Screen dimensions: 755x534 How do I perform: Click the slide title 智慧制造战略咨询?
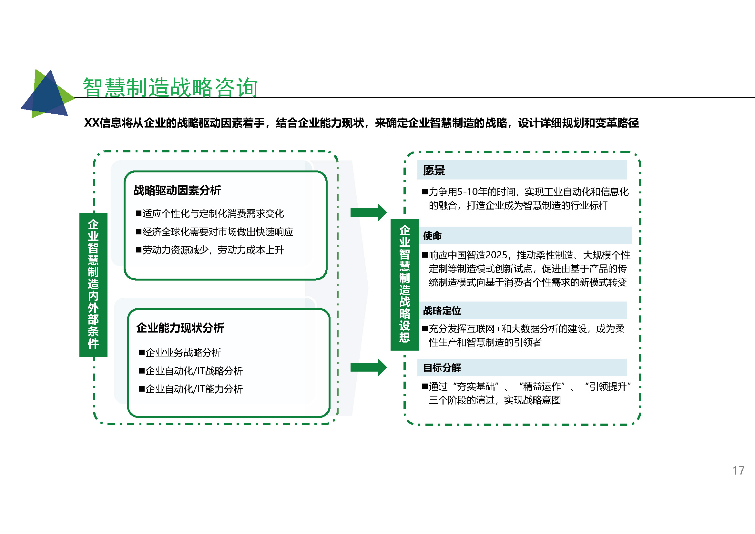click(170, 87)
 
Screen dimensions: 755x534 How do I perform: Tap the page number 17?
click(738, 470)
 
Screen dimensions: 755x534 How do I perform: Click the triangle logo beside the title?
click(48, 94)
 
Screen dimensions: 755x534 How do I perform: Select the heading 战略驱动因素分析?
click(177, 190)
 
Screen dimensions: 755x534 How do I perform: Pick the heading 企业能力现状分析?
click(180, 328)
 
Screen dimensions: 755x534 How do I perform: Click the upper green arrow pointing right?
click(369, 212)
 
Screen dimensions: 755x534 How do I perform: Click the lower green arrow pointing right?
click(369, 367)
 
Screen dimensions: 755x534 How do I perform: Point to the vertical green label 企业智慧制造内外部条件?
click(93, 284)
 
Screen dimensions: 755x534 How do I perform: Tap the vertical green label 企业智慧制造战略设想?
click(404, 284)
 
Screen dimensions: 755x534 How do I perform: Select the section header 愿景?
click(434, 170)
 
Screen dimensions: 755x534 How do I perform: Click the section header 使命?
click(433, 235)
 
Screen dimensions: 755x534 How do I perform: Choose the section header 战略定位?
click(442, 310)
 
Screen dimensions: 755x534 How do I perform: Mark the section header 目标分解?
click(442, 368)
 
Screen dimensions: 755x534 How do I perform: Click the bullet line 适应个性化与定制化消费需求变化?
click(210, 213)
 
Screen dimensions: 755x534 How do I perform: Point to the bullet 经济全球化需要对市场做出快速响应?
click(215, 232)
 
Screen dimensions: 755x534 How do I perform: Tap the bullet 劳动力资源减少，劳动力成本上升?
click(210, 250)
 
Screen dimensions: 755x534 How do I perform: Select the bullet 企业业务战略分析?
click(180, 353)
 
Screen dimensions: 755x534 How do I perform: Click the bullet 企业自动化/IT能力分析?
click(191, 389)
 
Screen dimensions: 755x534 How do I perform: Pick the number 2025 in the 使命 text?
click(496, 255)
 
